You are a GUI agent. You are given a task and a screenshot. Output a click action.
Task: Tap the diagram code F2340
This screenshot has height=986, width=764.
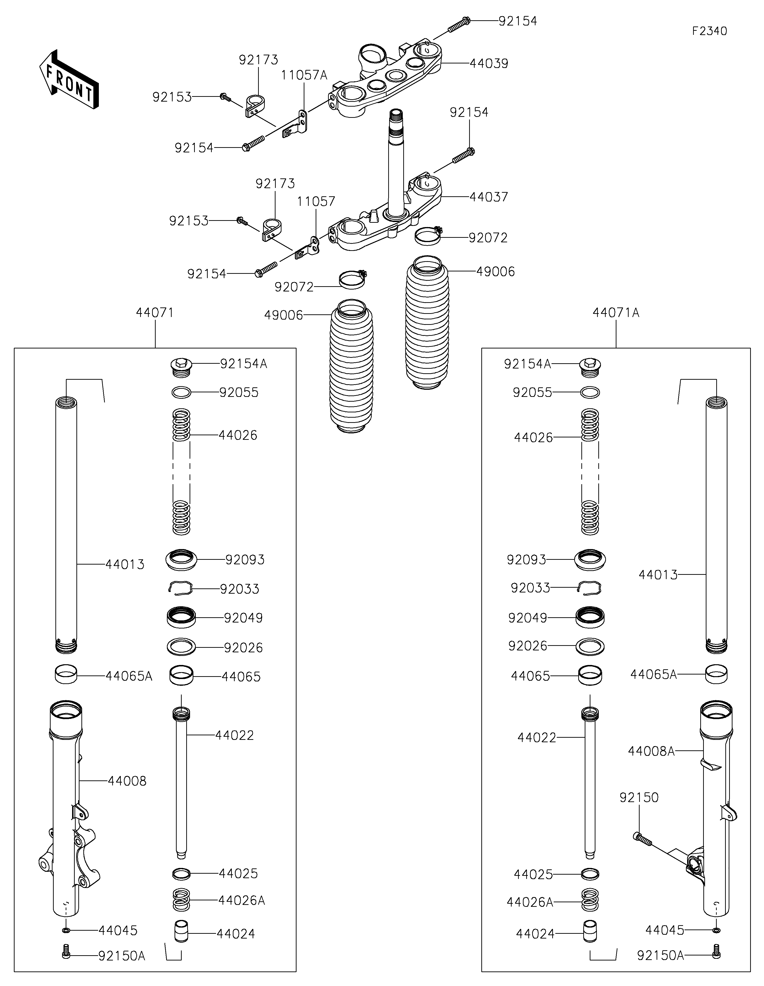pyautogui.click(x=709, y=31)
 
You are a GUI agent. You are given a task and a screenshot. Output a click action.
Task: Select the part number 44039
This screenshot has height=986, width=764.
pyautogui.click(x=489, y=64)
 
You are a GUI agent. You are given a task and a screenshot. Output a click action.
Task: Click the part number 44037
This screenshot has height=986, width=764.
pyautogui.click(x=489, y=197)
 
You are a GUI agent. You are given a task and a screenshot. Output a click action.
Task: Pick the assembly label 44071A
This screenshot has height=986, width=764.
pyautogui.click(x=616, y=312)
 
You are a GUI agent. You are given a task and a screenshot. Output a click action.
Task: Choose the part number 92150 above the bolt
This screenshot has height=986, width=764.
pyautogui.click(x=639, y=797)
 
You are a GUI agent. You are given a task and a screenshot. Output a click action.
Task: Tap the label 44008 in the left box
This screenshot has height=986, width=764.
pyautogui.click(x=127, y=781)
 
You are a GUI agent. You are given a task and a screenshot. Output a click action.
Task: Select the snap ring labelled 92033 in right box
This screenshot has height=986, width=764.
pyautogui.click(x=590, y=587)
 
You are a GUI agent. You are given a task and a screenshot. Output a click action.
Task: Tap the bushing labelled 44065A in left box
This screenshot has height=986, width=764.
pyautogui.click(x=66, y=676)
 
